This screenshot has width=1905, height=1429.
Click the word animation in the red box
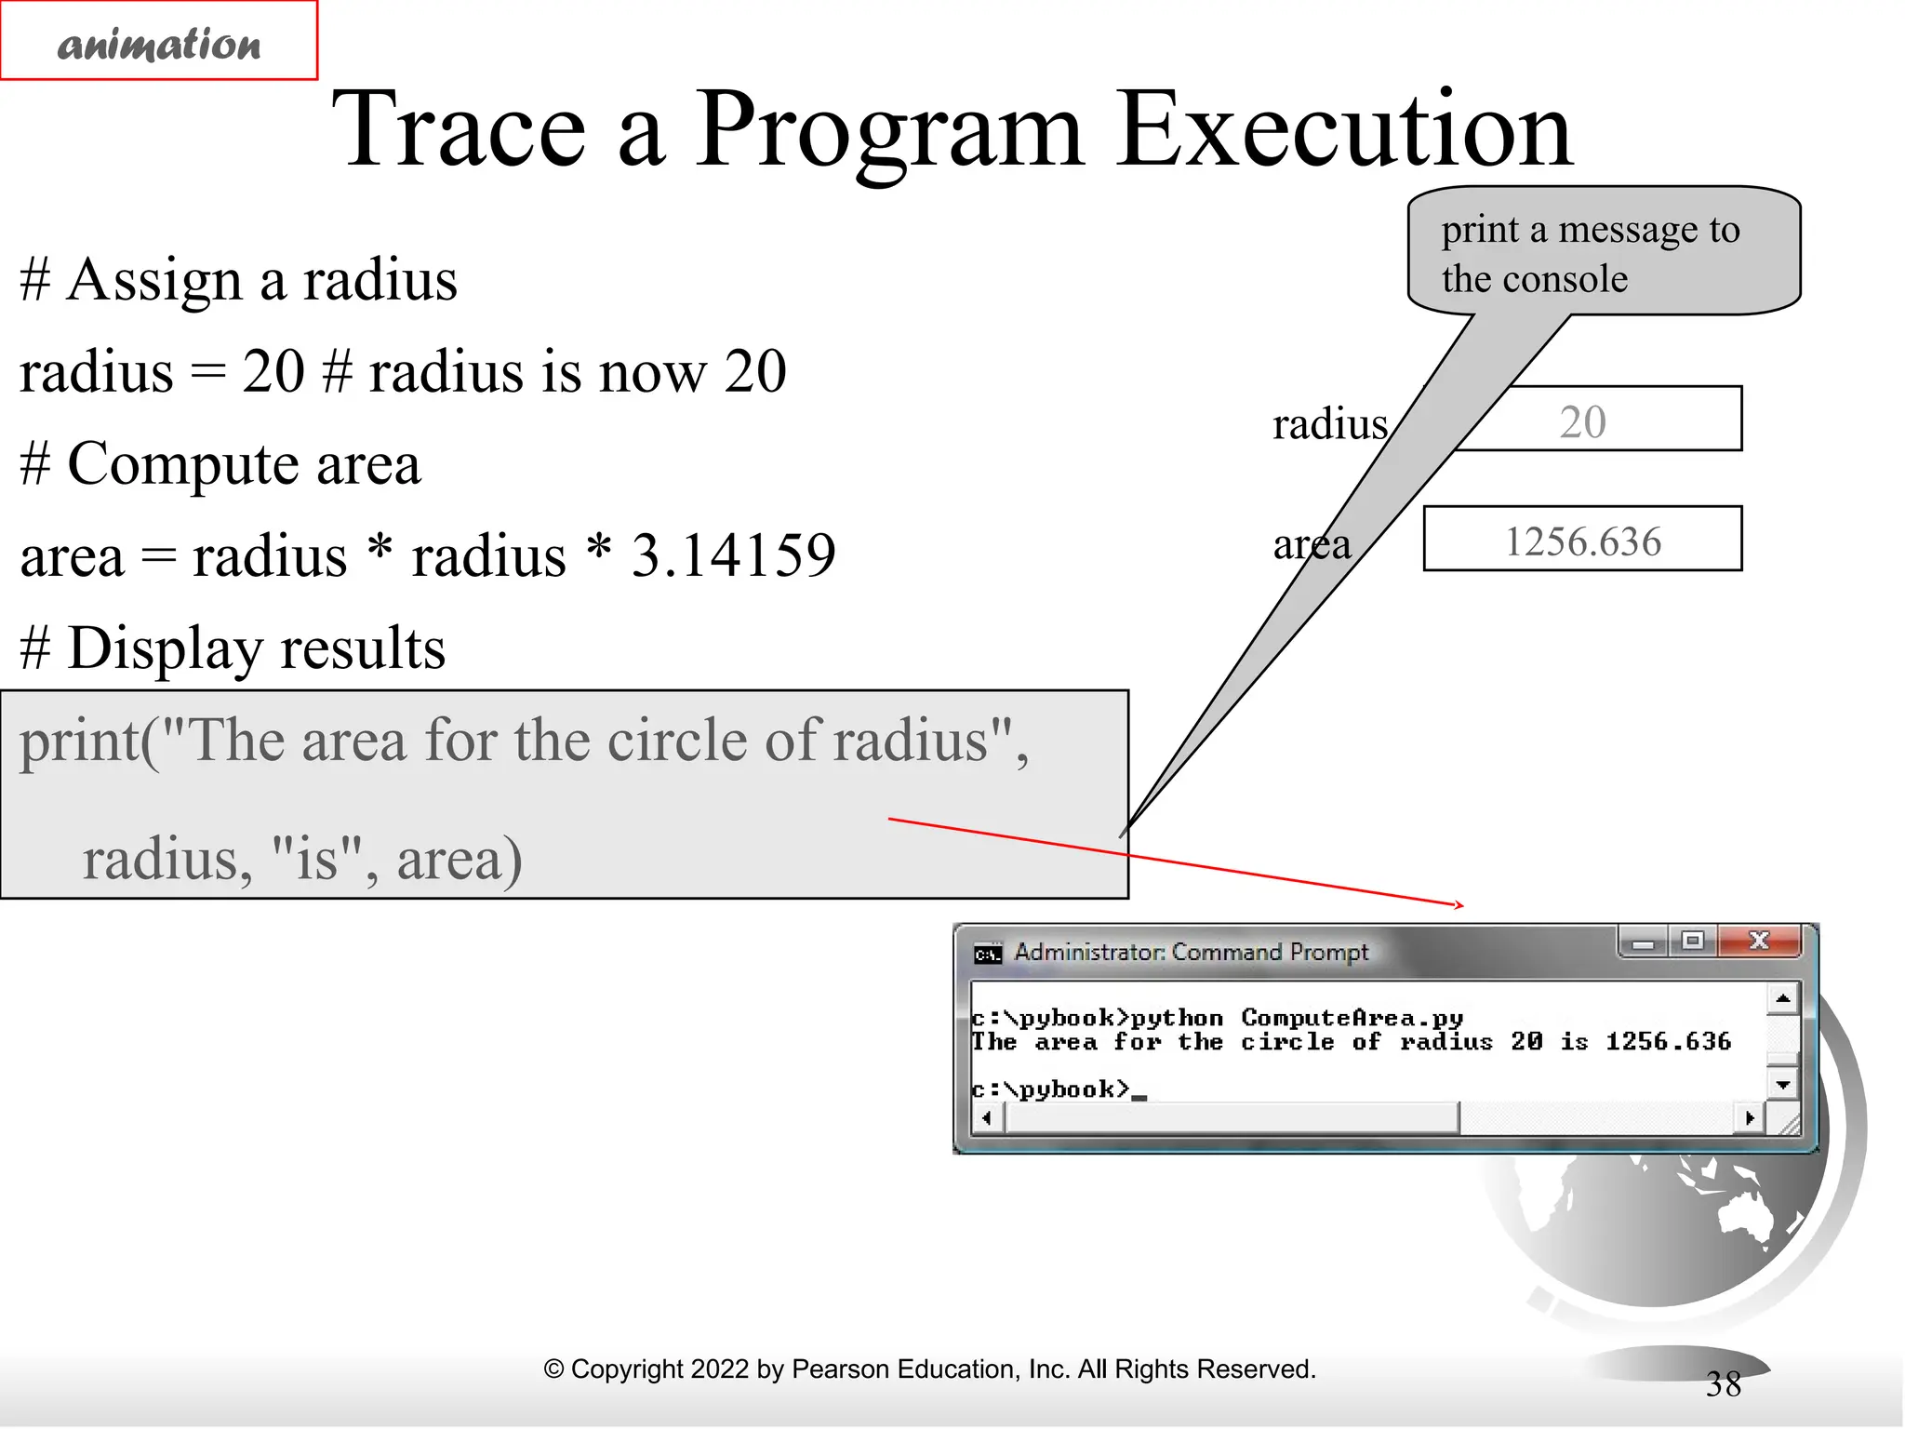159,44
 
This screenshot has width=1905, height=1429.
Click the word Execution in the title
1345,130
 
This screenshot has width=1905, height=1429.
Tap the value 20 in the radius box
1582,422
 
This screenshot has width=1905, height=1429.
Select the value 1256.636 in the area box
1582,541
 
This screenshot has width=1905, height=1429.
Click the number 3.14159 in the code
733,555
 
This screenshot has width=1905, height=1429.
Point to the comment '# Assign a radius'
238,279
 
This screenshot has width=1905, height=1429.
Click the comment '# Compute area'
220,463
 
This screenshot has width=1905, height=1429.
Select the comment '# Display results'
233,648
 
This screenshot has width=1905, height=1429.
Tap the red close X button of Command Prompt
1758,941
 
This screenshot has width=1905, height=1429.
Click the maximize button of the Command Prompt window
1693,941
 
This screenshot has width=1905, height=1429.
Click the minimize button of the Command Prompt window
1644,942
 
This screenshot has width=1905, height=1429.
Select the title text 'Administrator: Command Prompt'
1191,952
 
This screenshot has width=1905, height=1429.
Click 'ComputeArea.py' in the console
1352,1018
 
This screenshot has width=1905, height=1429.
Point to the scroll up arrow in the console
1782,999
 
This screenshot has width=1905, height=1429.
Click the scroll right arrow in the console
1750,1117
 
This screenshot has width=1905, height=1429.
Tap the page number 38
1723,1384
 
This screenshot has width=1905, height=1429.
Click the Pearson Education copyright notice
929,1369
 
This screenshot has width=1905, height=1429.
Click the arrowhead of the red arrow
1459,904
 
